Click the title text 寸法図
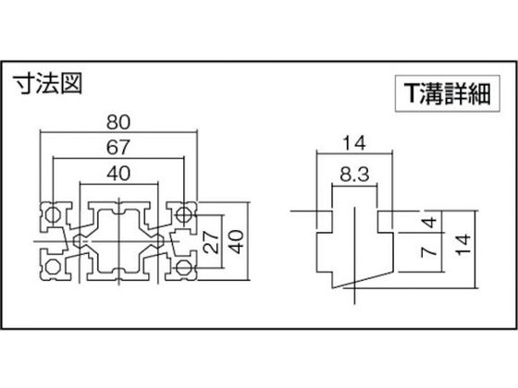coord(47,84)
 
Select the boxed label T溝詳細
coord(448,93)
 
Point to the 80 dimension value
coord(118,122)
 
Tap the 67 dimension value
coord(118,148)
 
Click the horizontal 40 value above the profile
coord(118,174)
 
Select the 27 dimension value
coord(211,242)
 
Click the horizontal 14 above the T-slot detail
coord(354,143)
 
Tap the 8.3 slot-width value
coord(354,174)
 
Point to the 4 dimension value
coord(430,222)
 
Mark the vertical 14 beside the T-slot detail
coord(463,244)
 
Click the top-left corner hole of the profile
coord(52,215)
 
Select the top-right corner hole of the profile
coord(183,215)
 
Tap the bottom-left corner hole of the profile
coord(52,267)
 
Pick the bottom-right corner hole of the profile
coord(183,268)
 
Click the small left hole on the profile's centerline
coord(79,241)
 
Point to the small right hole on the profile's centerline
coord(159,241)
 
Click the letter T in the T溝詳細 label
coord(412,93)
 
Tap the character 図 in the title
coord(70,84)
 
